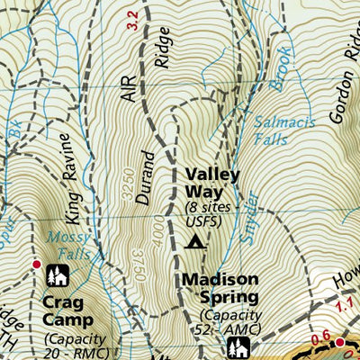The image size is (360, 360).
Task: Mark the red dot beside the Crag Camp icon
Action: point(37,264)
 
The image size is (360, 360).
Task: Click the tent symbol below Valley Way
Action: point(192,240)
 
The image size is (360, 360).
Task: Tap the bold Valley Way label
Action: point(212,184)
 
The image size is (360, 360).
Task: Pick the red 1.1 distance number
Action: point(345,308)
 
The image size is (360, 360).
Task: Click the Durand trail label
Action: point(147,178)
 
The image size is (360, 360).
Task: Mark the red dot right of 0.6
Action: point(340,343)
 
